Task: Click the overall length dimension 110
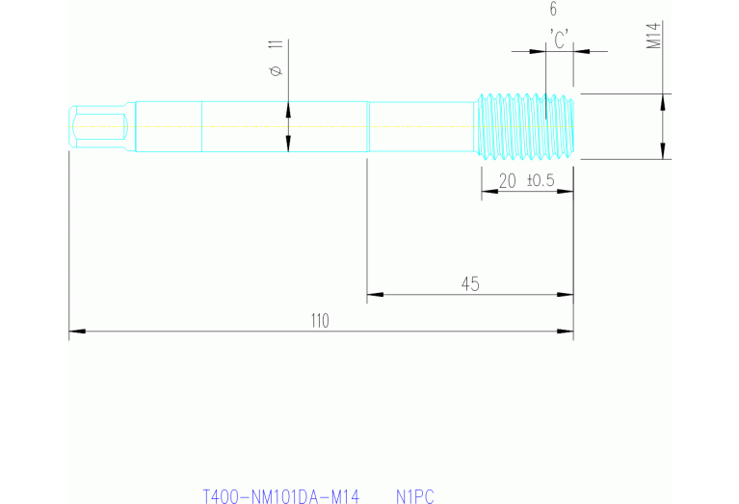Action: click(320, 321)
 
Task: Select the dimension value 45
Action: click(470, 283)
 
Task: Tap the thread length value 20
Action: click(507, 181)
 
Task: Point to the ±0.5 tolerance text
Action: click(541, 181)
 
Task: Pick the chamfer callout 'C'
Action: click(559, 38)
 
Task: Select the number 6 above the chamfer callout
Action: click(553, 11)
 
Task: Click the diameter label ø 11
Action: click(277, 58)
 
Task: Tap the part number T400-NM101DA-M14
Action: click(280, 497)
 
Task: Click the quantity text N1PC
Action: click(415, 497)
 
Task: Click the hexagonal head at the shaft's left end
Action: click(98, 126)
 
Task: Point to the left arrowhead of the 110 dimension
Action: click(75, 332)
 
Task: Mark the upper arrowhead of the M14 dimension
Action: click(662, 99)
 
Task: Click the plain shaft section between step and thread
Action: click(422, 126)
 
